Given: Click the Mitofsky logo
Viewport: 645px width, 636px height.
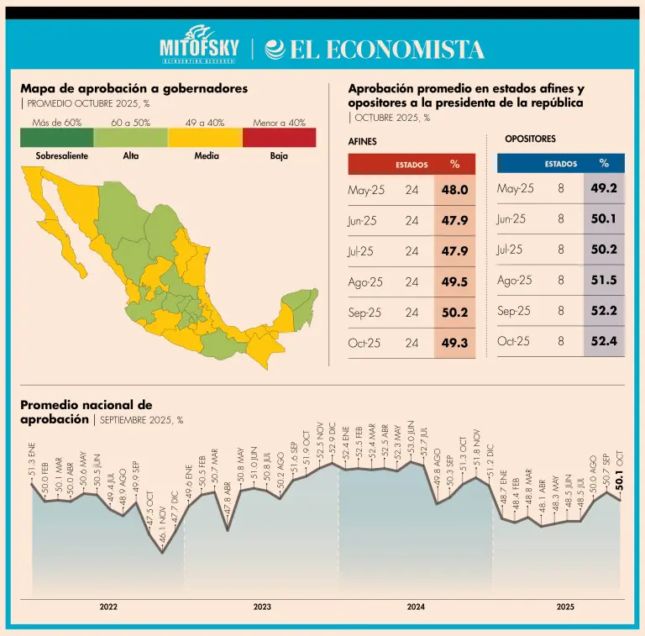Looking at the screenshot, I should point(200,48).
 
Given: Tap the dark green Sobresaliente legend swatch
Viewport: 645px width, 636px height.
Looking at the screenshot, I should point(51,137).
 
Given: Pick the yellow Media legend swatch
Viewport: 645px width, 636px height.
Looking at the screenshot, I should point(204,137).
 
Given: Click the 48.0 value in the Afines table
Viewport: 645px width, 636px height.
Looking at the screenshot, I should point(454,190).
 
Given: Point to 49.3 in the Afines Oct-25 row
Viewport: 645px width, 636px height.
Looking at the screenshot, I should point(454,343).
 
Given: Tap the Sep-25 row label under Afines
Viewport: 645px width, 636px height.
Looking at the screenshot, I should point(364,313).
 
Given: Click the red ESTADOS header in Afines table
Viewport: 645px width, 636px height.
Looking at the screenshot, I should point(412,165).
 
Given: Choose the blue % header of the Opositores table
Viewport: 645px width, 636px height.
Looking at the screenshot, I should point(604,164).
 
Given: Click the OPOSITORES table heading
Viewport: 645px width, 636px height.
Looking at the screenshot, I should point(530,139).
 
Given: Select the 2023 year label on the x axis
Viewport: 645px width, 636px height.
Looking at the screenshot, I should point(262,606).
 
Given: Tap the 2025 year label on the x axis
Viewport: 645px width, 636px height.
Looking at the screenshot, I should point(564,606).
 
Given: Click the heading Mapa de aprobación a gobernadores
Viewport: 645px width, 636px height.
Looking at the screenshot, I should point(134,88).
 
